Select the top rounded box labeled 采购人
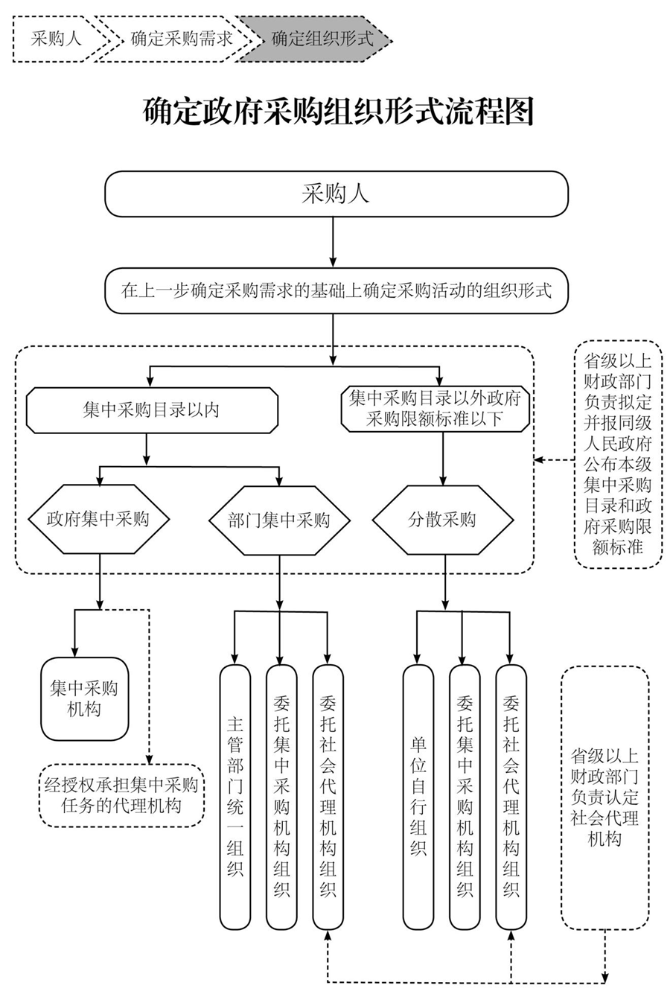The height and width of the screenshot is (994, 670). pyautogui.click(x=336, y=194)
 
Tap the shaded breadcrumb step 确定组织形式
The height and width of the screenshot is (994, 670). pyautogui.click(x=321, y=39)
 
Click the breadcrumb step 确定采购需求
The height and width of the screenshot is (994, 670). pyautogui.click(x=181, y=39)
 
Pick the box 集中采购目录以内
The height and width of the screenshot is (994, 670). pyautogui.click(x=151, y=410)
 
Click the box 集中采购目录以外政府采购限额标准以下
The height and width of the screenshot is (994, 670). pyautogui.click(x=435, y=409)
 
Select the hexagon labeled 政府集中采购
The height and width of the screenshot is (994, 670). pyautogui.click(x=98, y=519)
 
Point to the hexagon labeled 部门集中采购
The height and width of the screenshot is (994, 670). pyautogui.click(x=278, y=520)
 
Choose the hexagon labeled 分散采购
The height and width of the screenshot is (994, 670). pyautogui.click(x=442, y=520)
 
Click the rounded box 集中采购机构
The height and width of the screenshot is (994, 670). pyautogui.click(x=84, y=698)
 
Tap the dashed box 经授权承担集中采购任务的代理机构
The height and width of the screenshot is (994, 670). pyautogui.click(x=121, y=795)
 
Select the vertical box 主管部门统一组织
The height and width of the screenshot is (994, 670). pyautogui.click(x=235, y=796)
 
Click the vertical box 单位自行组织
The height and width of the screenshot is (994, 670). pyautogui.click(x=418, y=796)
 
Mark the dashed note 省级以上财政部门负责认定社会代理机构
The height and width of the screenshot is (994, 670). pyautogui.click(x=604, y=797)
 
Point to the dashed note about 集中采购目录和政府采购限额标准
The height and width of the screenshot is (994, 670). pyautogui.click(x=617, y=454)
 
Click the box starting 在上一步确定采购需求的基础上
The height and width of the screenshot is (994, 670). pyautogui.click(x=336, y=290)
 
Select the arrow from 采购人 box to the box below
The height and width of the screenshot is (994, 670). pyautogui.click(x=333, y=242)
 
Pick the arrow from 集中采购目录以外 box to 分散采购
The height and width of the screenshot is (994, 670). pyautogui.click(x=444, y=459)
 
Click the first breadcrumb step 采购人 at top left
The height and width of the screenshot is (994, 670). pyautogui.click(x=56, y=39)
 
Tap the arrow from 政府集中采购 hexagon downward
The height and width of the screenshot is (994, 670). pyautogui.click(x=99, y=581)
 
